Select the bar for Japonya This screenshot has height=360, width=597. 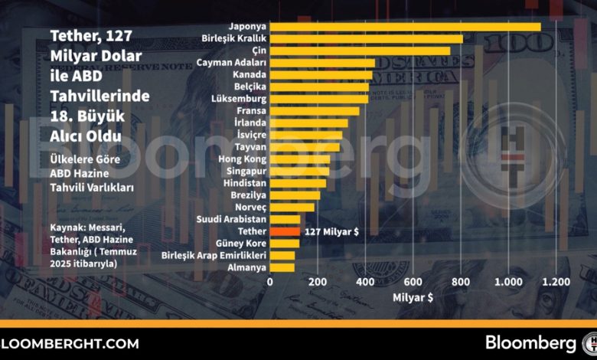coord(405,27)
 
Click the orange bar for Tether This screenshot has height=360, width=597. coord(285,231)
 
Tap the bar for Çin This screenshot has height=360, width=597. coord(360,51)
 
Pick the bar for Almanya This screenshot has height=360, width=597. coord(282,267)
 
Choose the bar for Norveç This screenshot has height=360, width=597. coord(292,208)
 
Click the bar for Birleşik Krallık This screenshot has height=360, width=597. coord(367,39)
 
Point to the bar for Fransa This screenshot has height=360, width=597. coord(315,111)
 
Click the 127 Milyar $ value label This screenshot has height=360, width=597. coord(331,231)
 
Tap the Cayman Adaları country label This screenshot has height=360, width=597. coord(231,63)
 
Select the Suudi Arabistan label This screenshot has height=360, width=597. coord(231,219)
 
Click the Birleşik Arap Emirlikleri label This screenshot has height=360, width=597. coord(214,255)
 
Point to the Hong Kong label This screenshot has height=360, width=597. coord(242,159)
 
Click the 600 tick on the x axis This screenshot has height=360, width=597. coord(413,282)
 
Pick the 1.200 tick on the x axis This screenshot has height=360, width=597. coord(556,282)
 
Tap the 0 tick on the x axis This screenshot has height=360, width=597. coord(270,282)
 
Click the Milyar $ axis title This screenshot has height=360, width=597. coord(413,297)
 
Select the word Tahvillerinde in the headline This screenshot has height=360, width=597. coord(99,96)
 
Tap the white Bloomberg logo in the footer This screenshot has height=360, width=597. coord(530,343)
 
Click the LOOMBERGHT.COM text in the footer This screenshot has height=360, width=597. coord(70,344)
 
